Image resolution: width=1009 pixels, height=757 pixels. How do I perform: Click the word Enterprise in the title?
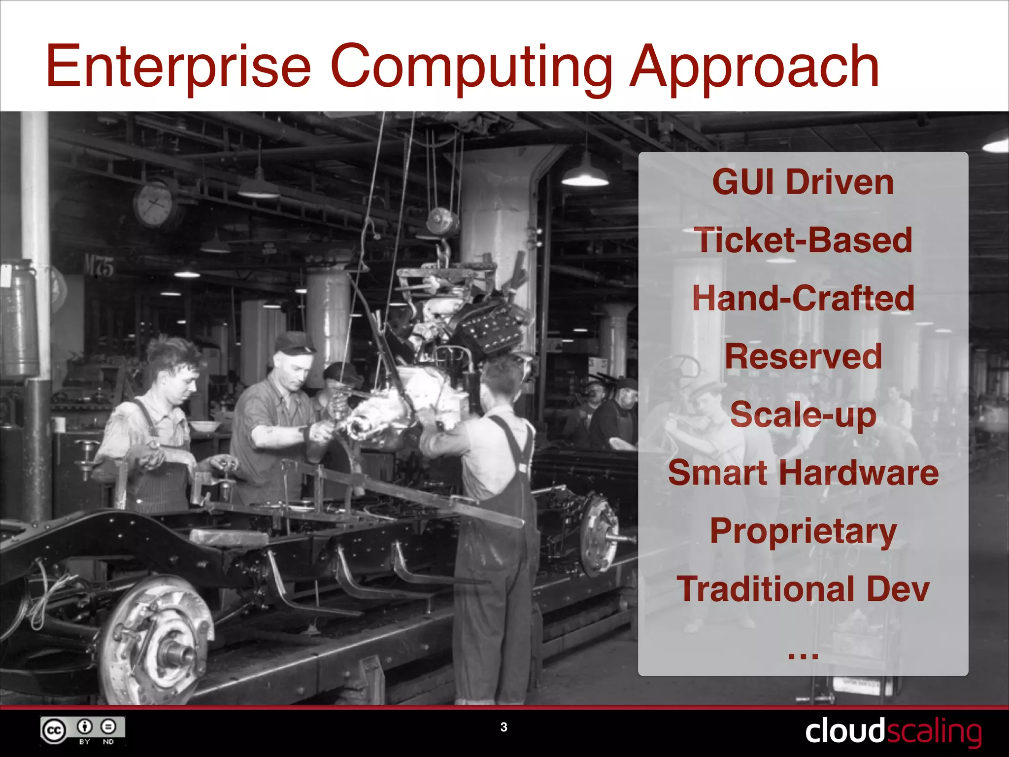pyautogui.click(x=178, y=67)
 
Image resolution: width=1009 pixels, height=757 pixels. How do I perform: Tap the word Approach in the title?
pyautogui.click(x=754, y=67)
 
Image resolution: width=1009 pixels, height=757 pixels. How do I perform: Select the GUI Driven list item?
pyautogui.click(x=803, y=182)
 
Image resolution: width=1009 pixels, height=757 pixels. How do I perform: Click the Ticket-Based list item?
pyautogui.click(x=803, y=241)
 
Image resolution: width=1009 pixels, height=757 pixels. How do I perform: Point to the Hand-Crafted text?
pyautogui.click(x=803, y=299)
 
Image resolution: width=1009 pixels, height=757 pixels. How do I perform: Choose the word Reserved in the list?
pyautogui.click(x=803, y=357)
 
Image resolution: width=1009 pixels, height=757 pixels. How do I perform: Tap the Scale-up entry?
pyautogui.click(x=803, y=415)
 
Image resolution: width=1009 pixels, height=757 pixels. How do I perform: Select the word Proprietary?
pyautogui.click(x=803, y=531)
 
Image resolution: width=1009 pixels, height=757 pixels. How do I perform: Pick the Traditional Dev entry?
pyautogui.click(x=803, y=589)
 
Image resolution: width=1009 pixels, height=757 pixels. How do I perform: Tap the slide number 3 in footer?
pyautogui.click(x=504, y=727)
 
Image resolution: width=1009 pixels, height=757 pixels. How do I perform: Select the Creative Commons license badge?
pyautogui.click(x=82, y=730)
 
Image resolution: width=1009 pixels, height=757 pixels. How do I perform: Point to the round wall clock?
pyautogui.click(x=154, y=204)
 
